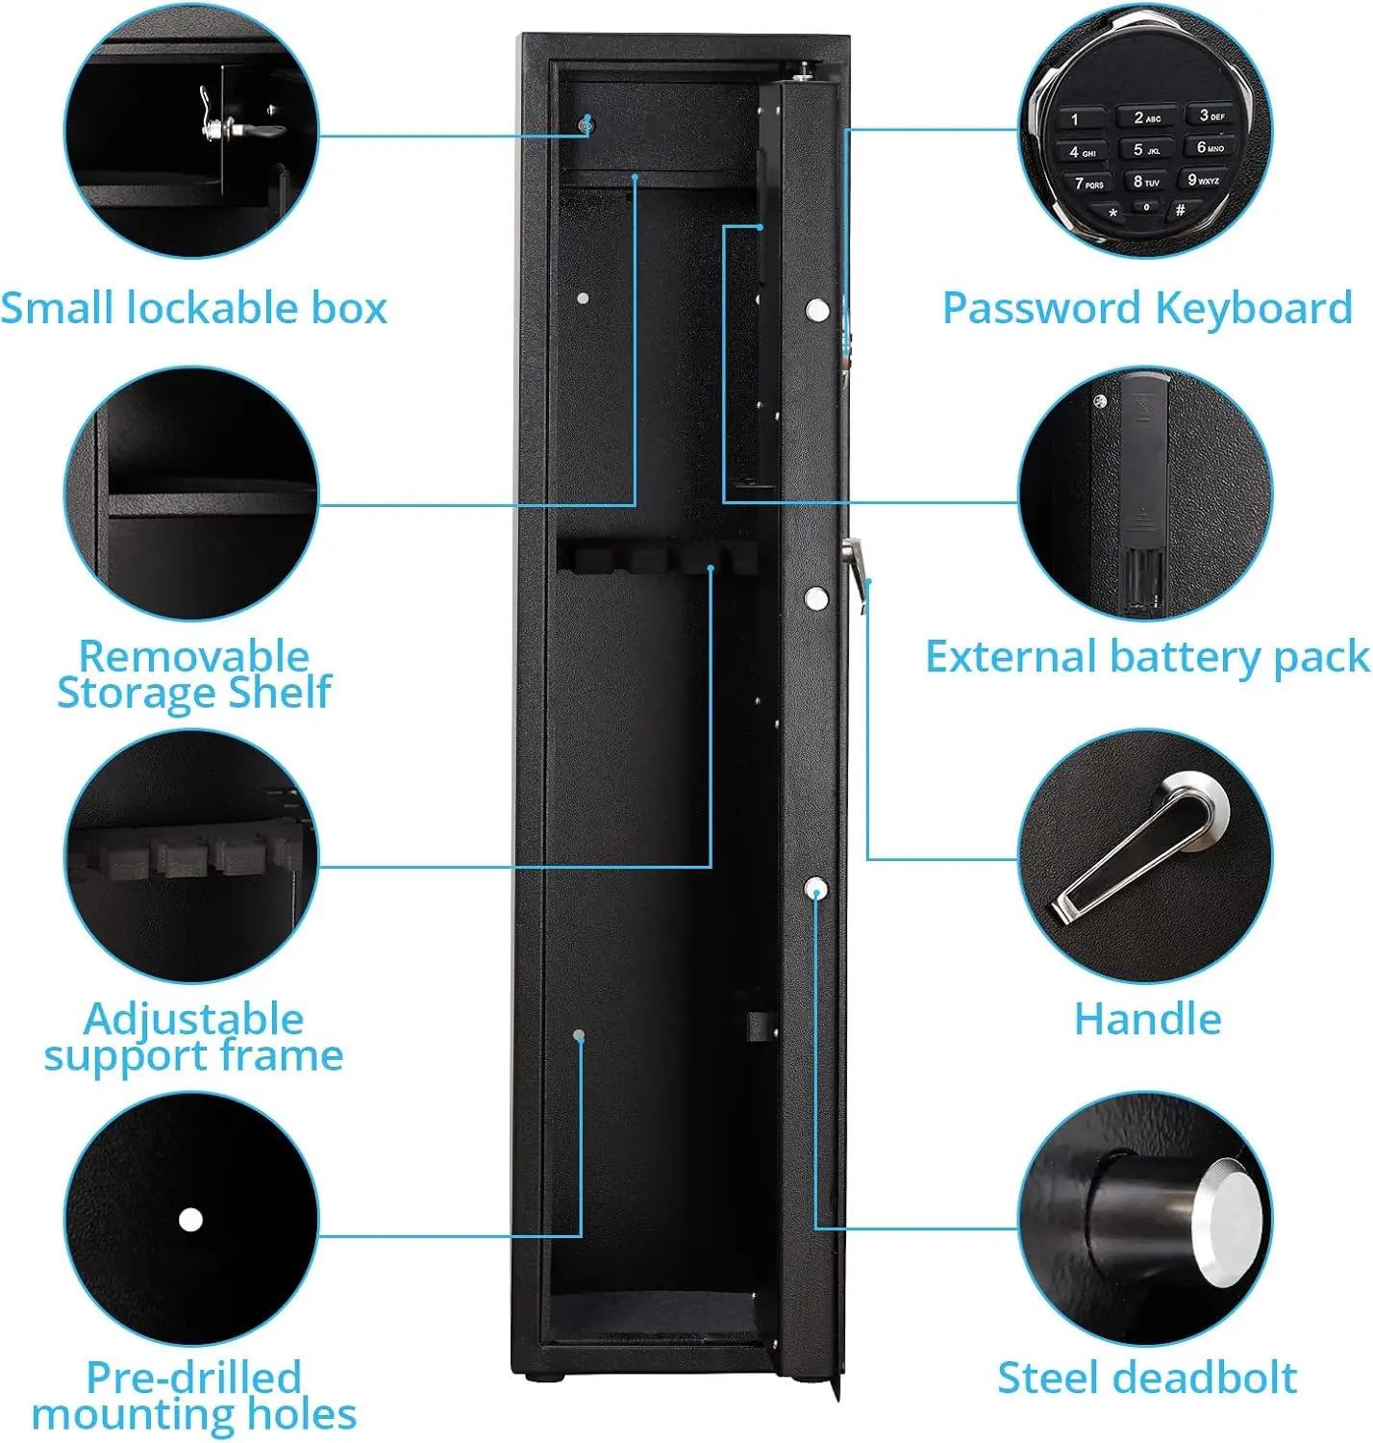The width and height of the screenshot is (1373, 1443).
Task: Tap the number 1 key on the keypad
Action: click(1077, 120)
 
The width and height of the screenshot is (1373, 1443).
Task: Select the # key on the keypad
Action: click(1180, 210)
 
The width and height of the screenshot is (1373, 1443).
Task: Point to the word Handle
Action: click(1147, 1019)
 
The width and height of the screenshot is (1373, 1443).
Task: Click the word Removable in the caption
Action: click(193, 656)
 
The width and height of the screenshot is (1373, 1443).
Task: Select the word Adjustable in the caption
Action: click(193, 1019)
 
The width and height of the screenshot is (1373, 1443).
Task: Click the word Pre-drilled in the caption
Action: click(193, 1377)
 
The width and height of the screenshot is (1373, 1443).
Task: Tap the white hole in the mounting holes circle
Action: click(190, 1220)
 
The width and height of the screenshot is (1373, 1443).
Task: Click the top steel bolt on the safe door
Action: click(817, 310)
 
